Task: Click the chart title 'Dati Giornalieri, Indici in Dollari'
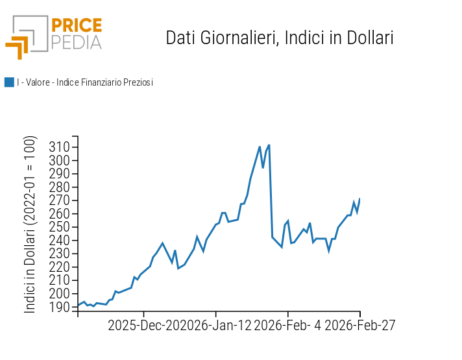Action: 280,38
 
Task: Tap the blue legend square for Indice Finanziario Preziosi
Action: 9,82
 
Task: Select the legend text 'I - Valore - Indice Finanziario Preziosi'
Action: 85,82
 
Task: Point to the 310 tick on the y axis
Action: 60,147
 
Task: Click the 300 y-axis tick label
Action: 60,160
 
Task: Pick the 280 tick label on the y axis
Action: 60,187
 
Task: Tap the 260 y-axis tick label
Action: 60,213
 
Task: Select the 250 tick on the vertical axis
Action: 60,227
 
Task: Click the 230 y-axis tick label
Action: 60,254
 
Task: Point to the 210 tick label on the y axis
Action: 60,280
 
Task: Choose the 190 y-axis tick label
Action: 60,307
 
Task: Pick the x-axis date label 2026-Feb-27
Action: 360,326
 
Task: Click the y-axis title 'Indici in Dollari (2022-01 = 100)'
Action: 30,224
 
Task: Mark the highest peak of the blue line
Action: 269,145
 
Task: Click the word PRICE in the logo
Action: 77,26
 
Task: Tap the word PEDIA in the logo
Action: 77,43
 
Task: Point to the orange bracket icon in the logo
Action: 18,47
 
